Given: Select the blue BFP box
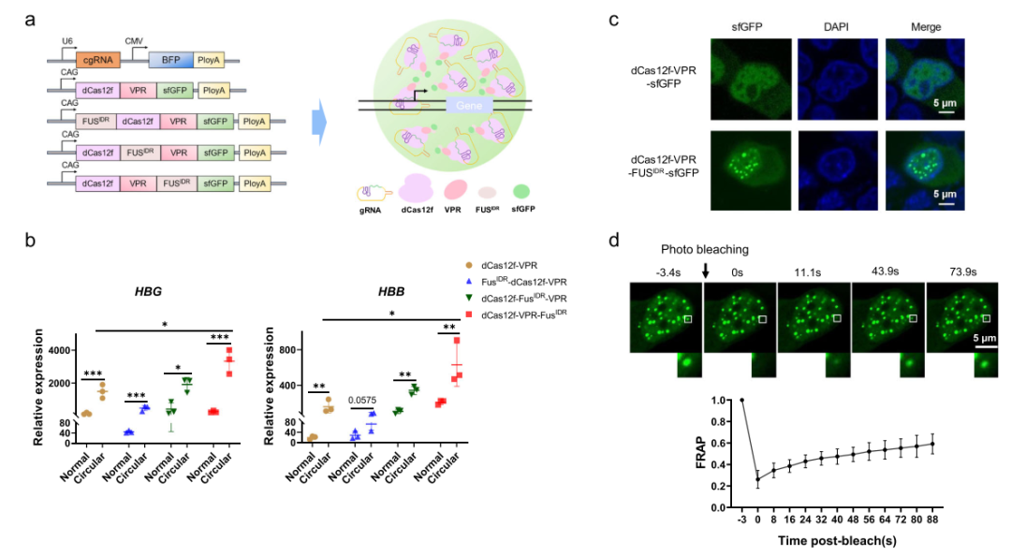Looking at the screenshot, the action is point(170,58).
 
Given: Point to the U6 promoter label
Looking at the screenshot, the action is point(67,41).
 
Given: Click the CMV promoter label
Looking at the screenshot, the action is point(135,41).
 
